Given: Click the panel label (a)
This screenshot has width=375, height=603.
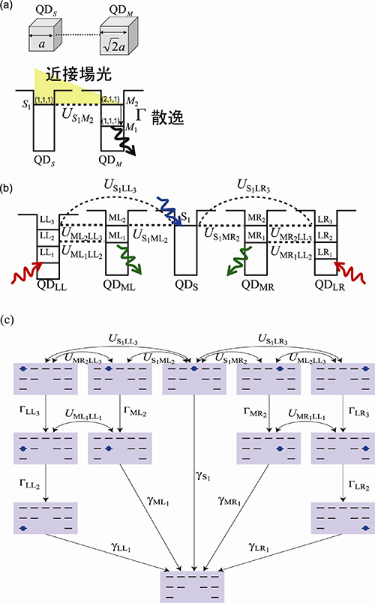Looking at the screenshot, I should [10, 7].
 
